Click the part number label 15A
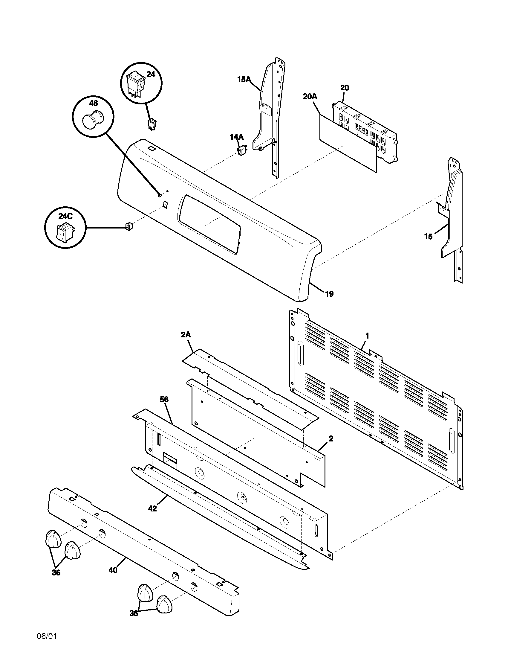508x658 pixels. click(x=244, y=80)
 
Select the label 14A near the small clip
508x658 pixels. click(x=237, y=137)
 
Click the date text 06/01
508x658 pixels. click(x=47, y=636)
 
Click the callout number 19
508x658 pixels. click(x=330, y=294)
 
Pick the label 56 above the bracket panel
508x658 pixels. click(x=164, y=400)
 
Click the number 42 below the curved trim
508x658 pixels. click(x=153, y=508)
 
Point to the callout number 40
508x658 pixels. click(x=113, y=570)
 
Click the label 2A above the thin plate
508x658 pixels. click(x=186, y=335)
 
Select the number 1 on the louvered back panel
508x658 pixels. click(x=367, y=336)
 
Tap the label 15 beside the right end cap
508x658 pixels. click(x=428, y=237)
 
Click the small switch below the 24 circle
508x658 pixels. click(x=152, y=124)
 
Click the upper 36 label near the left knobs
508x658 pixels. click(x=56, y=573)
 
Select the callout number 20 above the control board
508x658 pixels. click(x=345, y=88)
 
